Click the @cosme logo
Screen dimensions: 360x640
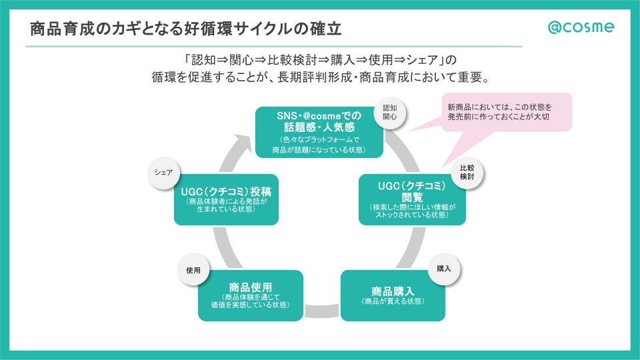[581, 27]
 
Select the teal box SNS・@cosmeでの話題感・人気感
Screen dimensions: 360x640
[319, 132]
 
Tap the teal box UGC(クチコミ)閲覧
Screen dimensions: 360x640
[412, 199]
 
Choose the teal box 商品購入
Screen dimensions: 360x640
[393, 295]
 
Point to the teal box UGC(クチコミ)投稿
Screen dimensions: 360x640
[226, 199]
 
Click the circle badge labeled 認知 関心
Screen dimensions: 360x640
[389, 111]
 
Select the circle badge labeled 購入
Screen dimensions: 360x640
[444, 269]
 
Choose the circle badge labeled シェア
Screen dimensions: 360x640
[163, 172]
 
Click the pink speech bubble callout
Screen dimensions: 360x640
[506, 112]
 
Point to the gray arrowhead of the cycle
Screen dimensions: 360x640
[241, 141]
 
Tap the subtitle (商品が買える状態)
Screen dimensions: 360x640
[393, 301]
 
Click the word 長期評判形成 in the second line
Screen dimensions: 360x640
[317, 77]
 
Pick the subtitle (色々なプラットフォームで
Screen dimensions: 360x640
[319, 140]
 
